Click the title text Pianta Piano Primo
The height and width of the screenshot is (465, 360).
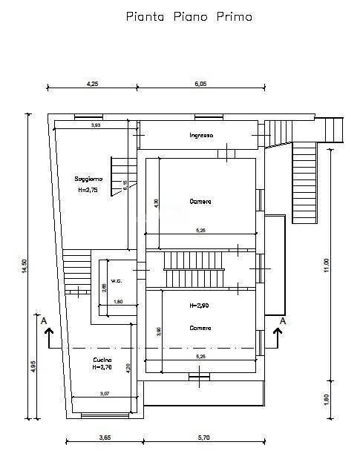pos(189,17)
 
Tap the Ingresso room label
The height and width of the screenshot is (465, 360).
pos(201,135)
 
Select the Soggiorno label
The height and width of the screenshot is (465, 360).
pos(88,179)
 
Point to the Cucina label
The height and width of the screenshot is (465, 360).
pos(103,360)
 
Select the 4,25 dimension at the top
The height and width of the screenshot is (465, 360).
pos(93,84)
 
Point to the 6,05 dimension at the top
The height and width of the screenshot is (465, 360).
pos(200,84)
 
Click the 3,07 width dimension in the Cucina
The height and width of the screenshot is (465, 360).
pos(105,393)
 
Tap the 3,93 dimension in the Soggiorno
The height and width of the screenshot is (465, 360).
pos(96,125)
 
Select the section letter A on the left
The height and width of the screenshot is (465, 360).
pos(45,320)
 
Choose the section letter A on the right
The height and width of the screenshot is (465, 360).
pos(282,320)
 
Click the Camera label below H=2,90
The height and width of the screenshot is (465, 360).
pos(200,328)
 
